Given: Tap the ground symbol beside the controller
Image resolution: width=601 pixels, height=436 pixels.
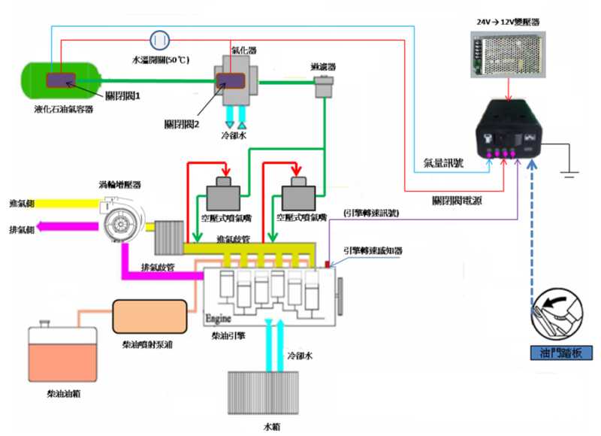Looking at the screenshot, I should coord(569,172).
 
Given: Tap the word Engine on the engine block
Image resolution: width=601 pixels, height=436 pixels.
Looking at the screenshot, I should coord(219,318).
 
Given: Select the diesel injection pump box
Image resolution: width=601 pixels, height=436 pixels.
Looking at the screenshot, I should coord(149,316).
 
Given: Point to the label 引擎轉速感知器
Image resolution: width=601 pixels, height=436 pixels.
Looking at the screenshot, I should coord(373,250).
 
